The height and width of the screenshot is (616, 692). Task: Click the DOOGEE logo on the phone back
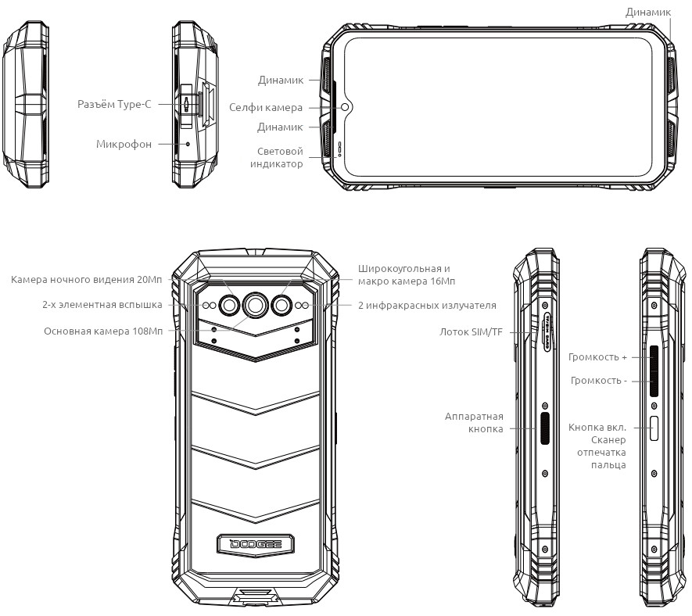pyautogui.click(x=256, y=543)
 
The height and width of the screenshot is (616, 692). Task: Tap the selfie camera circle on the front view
pyautogui.click(x=345, y=107)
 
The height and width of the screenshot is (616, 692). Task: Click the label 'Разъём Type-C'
pyautogui.click(x=114, y=105)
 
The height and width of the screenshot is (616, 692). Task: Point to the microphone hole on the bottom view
pyautogui.click(x=188, y=144)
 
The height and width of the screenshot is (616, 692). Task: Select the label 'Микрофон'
pyautogui.click(x=124, y=145)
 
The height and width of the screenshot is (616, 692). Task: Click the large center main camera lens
pyautogui.click(x=255, y=304)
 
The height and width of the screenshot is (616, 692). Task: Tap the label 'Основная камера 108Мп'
pyautogui.click(x=103, y=331)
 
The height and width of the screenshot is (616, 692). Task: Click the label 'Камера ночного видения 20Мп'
pyautogui.click(x=87, y=279)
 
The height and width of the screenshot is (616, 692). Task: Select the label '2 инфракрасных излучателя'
pyautogui.click(x=427, y=306)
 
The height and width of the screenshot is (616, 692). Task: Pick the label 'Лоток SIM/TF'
pyautogui.click(x=471, y=331)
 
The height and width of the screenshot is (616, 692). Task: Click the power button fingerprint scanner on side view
pyautogui.click(x=654, y=428)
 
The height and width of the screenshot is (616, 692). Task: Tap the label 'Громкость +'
pyautogui.click(x=597, y=357)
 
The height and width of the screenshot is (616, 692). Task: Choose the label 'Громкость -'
pyautogui.click(x=599, y=380)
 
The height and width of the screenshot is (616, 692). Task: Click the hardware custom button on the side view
pyautogui.click(x=546, y=428)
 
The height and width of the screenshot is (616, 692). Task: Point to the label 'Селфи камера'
pyautogui.click(x=266, y=108)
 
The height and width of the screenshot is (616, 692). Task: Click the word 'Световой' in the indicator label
pyautogui.click(x=280, y=152)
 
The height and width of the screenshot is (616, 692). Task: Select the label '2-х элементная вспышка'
pyautogui.click(x=102, y=304)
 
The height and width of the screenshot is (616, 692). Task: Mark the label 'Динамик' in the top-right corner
pyautogui.click(x=648, y=13)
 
